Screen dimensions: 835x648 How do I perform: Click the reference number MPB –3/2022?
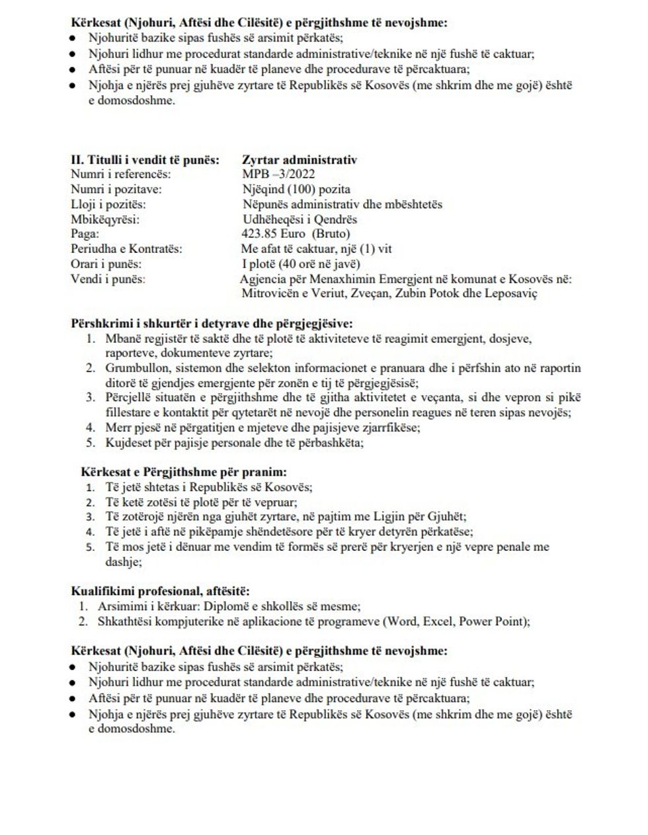point(278,174)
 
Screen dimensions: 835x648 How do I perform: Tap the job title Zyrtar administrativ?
point(299,160)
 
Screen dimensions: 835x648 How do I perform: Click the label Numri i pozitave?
point(116,190)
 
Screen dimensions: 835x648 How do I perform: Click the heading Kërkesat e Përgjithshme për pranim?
point(184,472)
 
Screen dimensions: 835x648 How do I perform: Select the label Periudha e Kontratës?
point(126,249)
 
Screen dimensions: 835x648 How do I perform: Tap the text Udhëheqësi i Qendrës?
point(300,219)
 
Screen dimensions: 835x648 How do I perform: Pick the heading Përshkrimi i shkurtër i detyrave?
point(212,324)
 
